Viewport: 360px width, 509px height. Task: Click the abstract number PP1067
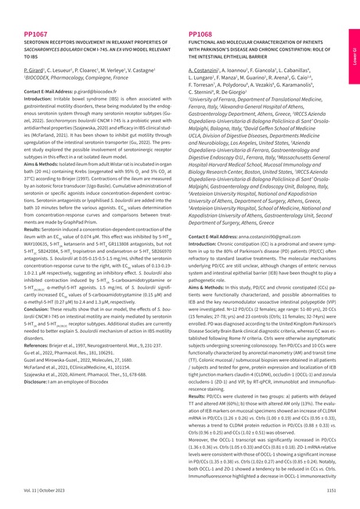click(x=37, y=35)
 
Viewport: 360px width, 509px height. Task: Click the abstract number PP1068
click(x=202, y=35)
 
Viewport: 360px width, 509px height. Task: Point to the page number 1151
click(x=330, y=489)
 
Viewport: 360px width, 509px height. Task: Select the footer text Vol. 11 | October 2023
click(x=46, y=489)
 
